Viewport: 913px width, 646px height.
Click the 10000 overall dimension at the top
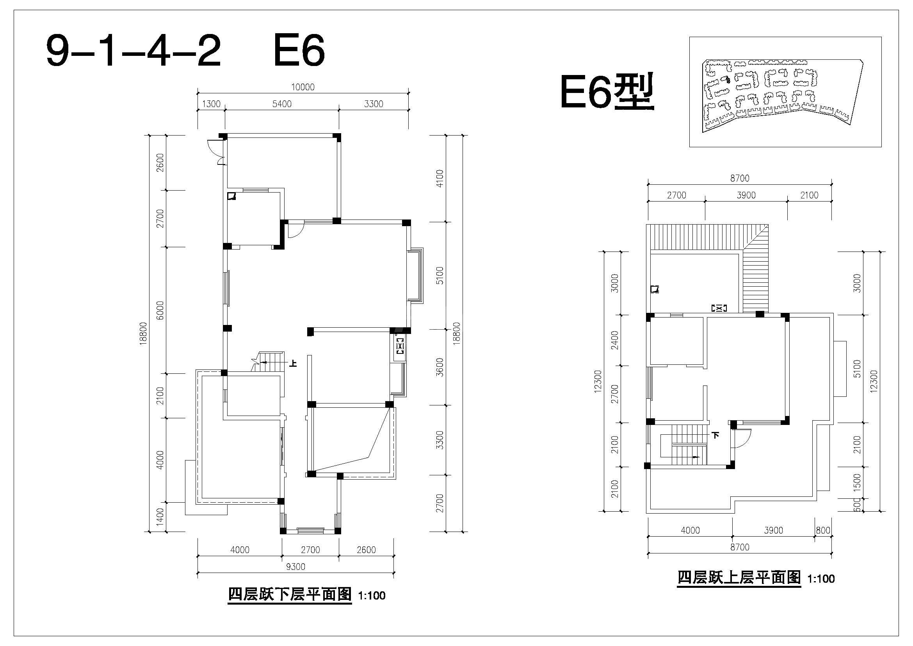pyautogui.click(x=303, y=87)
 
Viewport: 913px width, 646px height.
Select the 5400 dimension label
pyautogui.click(x=282, y=104)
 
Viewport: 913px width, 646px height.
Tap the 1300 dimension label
pyautogui.click(x=211, y=104)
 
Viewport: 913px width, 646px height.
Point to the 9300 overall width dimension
pyautogui.click(x=295, y=567)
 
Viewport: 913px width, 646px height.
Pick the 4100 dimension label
pyautogui.click(x=440, y=179)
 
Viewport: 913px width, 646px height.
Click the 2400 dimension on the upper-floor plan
pyautogui.click(x=615, y=341)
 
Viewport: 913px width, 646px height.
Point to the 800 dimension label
pyautogui.click(x=823, y=530)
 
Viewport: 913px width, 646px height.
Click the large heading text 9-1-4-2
pyautogui.click(x=133, y=51)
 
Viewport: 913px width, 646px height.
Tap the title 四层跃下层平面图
pyautogui.click(x=290, y=595)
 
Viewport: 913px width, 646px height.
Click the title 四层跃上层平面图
pyautogui.click(x=739, y=578)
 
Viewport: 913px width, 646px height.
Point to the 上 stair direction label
pyautogui.click(x=293, y=363)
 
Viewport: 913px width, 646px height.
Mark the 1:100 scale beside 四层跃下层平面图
pyautogui.click(x=372, y=596)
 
